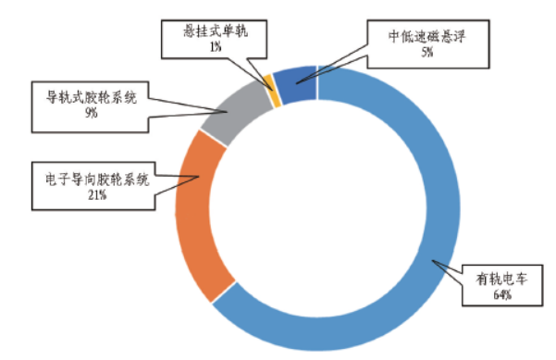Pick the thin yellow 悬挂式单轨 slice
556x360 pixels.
tap(273, 91)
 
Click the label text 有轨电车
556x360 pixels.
tap(501, 279)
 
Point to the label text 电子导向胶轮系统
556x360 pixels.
tap(97, 180)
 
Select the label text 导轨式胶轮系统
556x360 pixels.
tap(92, 97)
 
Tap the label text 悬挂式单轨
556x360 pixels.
tap(216, 31)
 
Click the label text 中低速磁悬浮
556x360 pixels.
tap(426, 36)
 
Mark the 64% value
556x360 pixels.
tap(502, 294)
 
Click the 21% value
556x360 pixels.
tap(97, 194)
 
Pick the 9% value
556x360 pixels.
tap(92, 113)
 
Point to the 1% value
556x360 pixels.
tap(216, 46)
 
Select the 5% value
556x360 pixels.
tap(426, 52)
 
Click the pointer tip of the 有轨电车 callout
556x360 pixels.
tap(432, 260)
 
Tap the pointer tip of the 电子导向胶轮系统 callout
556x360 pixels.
tap(199, 176)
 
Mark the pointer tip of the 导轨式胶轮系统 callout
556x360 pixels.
tap(228, 112)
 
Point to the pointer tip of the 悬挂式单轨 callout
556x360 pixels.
tap(274, 92)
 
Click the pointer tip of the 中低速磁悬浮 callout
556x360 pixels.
tap(296, 83)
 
